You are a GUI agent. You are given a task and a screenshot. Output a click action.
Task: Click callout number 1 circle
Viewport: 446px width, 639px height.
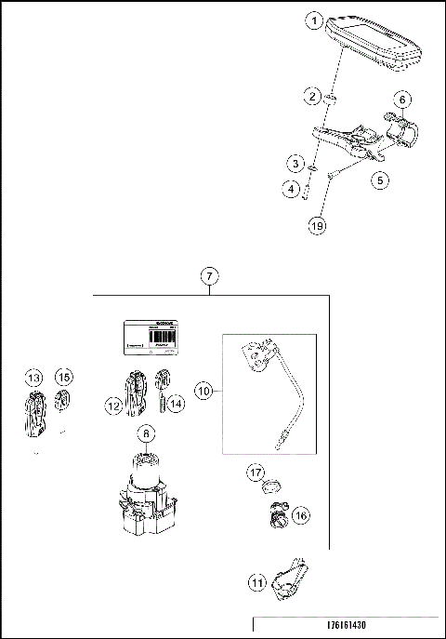pyautogui.click(x=317, y=20)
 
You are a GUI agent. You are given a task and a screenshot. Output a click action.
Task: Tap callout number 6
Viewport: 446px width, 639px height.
pyautogui.click(x=402, y=99)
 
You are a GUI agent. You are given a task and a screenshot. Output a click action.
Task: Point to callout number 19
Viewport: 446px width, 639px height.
pyautogui.click(x=317, y=223)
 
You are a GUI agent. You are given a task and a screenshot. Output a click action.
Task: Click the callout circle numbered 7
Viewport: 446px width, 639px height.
pyautogui.click(x=211, y=276)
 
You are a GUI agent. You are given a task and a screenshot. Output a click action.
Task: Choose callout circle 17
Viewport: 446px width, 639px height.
pyautogui.click(x=256, y=473)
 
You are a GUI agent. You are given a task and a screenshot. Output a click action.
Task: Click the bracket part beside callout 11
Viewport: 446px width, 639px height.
pyautogui.click(x=292, y=577)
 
